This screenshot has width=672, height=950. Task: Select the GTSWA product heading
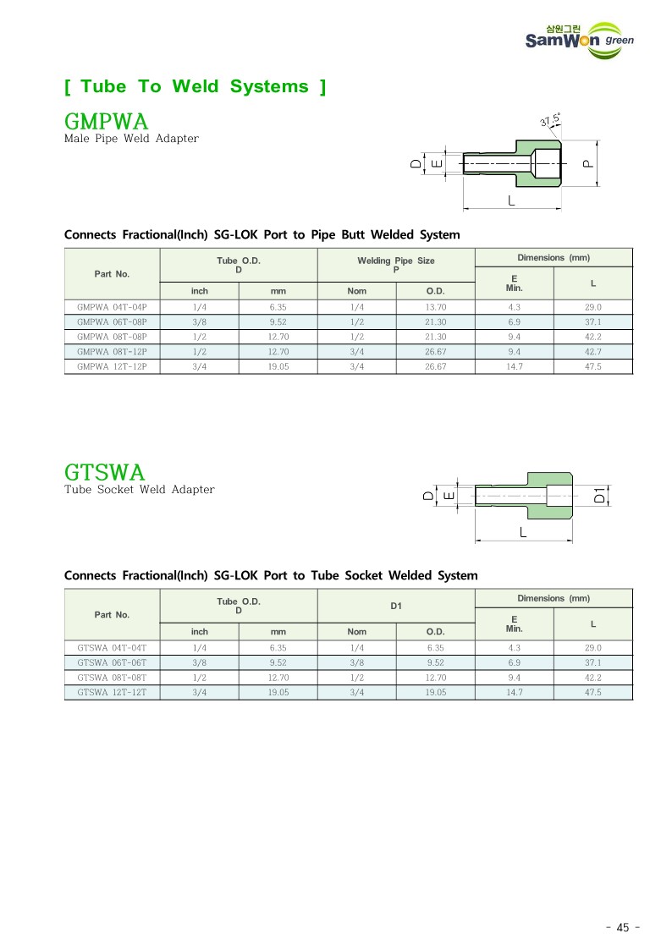click(105, 471)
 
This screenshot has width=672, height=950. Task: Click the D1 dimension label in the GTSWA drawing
click(599, 496)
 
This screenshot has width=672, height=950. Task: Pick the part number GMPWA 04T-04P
click(112, 307)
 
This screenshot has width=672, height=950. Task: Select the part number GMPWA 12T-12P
click(112, 366)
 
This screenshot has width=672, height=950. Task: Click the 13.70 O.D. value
click(435, 307)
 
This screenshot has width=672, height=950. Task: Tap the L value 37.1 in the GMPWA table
click(592, 321)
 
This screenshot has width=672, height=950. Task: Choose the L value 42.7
click(592, 351)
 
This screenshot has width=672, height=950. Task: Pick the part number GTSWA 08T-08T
click(112, 678)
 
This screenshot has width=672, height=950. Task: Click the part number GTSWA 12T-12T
click(112, 692)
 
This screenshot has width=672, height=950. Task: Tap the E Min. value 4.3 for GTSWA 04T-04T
click(514, 648)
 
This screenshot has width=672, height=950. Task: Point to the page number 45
click(623, 927)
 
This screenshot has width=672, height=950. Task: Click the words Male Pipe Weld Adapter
click(131, 138)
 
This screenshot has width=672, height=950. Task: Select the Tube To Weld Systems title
click(195, 86)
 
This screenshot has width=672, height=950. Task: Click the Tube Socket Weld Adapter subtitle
click(140, 490)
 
